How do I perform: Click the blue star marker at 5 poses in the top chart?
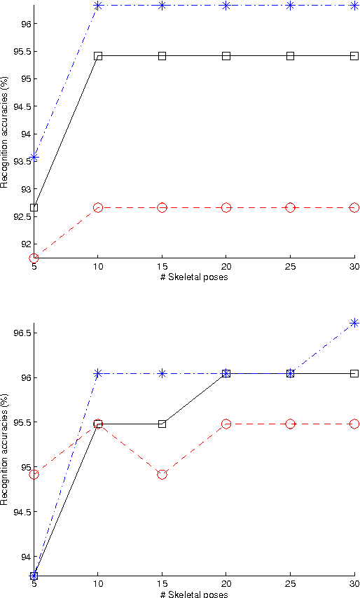coord(34,158)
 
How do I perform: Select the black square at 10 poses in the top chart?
coord(98,55)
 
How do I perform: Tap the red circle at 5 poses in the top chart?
coord(34,258)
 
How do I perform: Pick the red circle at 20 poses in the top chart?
coord(226,208)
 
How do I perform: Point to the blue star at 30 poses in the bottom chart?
coord(354,323)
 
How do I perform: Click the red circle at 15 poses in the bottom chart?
coord(162,474)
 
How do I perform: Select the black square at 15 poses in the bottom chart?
coord(162,424)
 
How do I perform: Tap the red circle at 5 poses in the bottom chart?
coord(34,474)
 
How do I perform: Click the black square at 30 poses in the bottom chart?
coord(354,373)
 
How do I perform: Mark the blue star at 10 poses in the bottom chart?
coord(98,373)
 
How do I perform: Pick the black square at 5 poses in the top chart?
coord(34,207)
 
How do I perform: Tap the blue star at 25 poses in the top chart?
coord(290,6)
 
